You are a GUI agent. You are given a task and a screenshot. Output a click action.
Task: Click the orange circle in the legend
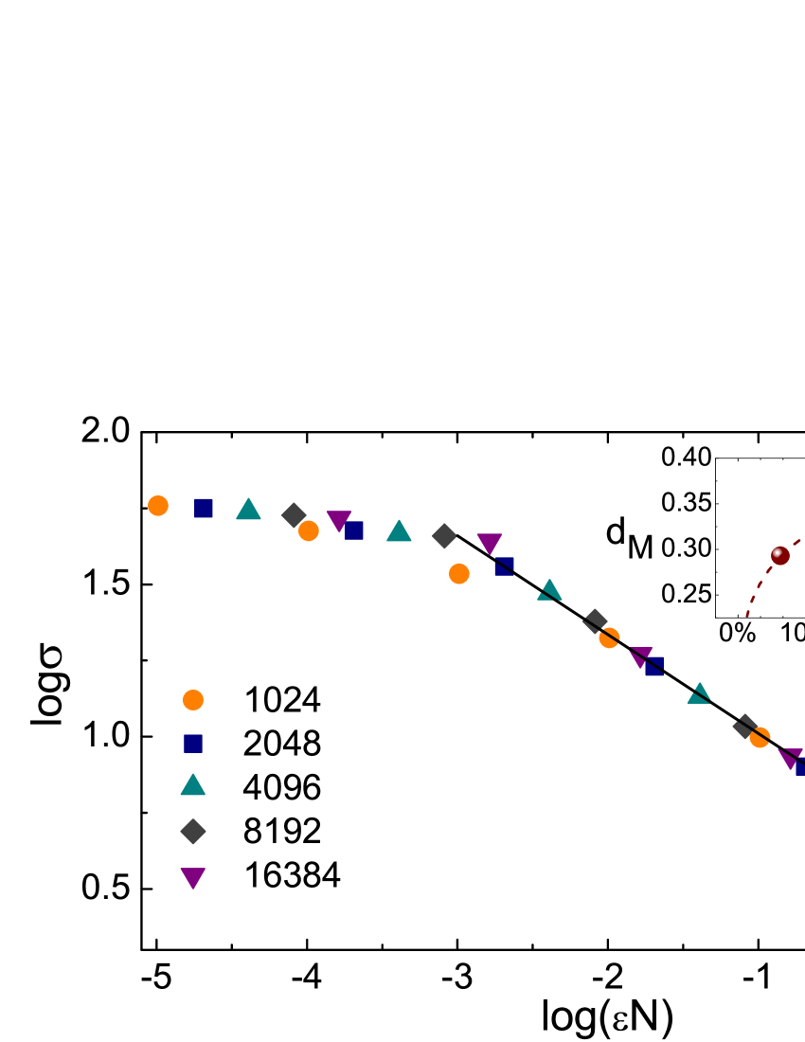point(193,700)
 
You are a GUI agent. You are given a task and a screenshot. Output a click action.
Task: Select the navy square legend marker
point(193,744)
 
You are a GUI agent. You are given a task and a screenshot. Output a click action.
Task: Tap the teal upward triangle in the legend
point(193,785)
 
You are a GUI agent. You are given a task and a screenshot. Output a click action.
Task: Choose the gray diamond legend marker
point(193,831)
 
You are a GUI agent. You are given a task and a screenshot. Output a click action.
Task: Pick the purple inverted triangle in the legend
point(193,877)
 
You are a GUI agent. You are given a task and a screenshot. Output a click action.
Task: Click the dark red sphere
point(779,556)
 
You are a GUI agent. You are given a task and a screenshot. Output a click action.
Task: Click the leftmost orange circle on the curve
point(158,506)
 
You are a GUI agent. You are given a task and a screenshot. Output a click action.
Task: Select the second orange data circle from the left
point(309,531)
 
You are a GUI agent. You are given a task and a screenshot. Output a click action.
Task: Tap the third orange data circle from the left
point(459,574)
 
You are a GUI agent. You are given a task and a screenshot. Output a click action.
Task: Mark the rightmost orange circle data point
point(760,737)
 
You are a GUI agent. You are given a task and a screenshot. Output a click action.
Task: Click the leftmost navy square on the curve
point(204,509)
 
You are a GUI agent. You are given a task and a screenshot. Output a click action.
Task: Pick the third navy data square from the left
point(504,566)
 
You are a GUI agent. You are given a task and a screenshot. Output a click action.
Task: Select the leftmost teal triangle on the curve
point(248,510)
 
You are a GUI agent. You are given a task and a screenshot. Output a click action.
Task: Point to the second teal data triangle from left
point(399,531)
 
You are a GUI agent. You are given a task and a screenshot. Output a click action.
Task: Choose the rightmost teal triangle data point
point(699,694)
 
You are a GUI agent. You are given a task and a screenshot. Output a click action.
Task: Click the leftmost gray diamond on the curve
point(294,515)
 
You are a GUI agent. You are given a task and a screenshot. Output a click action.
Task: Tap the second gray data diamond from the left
point(444,536)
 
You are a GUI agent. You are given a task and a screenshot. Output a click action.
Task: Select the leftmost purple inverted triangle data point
point(339,520)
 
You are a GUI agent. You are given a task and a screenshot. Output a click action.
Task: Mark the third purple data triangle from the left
point(640,656)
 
